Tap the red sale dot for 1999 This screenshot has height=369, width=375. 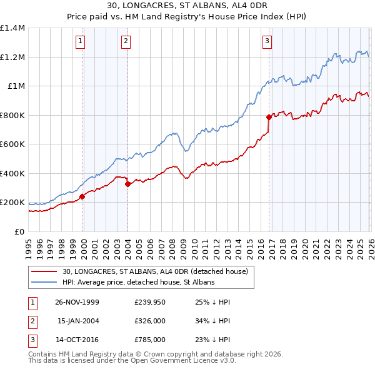82,196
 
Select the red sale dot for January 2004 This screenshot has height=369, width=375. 127,184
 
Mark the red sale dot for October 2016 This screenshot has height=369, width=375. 269,117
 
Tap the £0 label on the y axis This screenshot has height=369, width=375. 19,232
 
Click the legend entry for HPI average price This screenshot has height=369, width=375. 138,282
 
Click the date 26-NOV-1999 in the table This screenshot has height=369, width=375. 77,302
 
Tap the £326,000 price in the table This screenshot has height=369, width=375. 149,321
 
